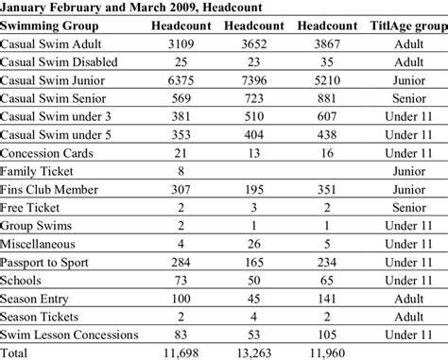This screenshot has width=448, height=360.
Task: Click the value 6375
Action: point(179,81)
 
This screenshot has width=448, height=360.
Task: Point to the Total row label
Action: point(16,352)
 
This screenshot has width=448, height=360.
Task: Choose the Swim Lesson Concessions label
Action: point(69,334)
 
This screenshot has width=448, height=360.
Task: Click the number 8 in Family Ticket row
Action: point(179,171)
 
